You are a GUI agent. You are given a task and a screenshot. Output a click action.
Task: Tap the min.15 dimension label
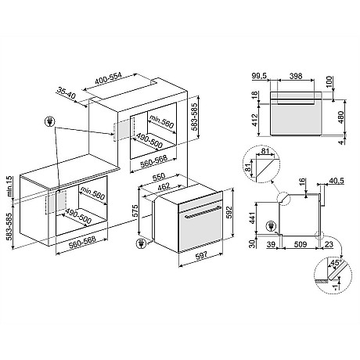pos(7,186)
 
